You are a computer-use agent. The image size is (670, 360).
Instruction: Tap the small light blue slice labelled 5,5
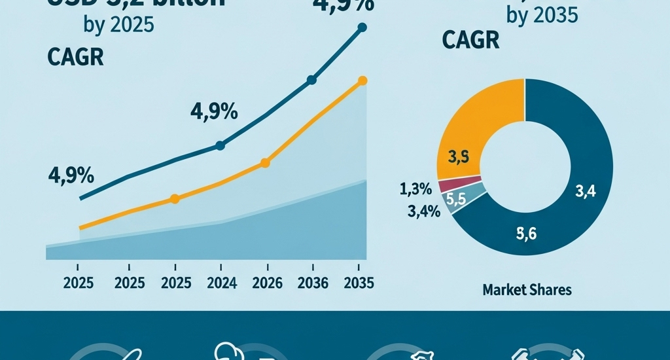461,198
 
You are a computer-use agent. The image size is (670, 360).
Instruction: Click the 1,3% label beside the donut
415,190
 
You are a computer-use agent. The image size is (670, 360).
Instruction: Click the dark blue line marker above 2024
220,145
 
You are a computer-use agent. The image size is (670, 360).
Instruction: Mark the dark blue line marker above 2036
311,80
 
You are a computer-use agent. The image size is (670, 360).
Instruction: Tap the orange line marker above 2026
265,163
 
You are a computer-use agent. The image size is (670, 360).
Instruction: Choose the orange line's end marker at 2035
363,81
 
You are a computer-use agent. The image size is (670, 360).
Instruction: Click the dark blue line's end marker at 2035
363,27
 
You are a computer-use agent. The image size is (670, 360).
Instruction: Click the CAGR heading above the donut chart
470,41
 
